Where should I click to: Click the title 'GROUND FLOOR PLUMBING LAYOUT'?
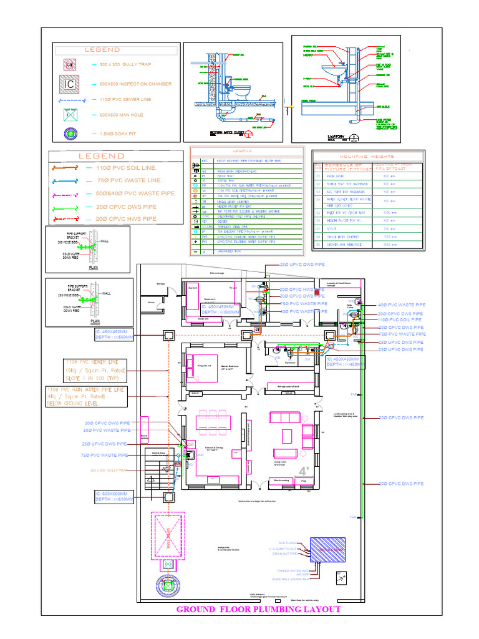tap(258, 609)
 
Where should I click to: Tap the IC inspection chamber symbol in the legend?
tap(70, 84)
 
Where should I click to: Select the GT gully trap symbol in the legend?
tap(70, 64)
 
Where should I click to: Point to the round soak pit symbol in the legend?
tap(70, 134)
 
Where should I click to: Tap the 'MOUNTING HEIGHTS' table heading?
tap(367, 156)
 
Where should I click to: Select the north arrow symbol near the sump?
tap(341, 578)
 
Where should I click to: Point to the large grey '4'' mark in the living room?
tap(304, 471)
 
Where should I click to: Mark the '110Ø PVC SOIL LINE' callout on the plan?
tap(400, 320)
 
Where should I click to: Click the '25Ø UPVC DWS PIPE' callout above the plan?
tap(302, 265)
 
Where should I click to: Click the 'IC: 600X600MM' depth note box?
tap(114, 496)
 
